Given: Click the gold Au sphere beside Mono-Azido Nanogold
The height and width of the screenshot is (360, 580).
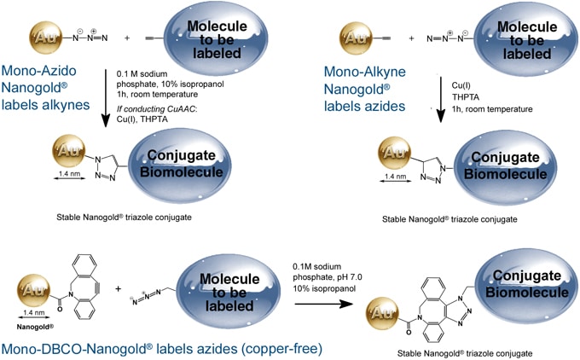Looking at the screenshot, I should pyautogui.click(x=43, y=38).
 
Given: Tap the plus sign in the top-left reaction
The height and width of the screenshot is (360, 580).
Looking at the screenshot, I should pyautogui.click(x=127, y=38).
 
